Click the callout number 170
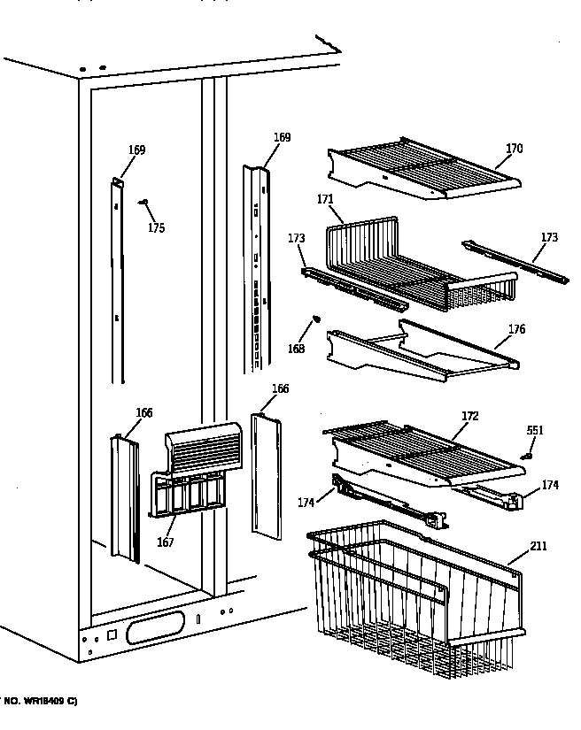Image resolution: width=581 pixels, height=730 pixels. pos(514,149)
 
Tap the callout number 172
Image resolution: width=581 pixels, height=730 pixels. pos(470,415)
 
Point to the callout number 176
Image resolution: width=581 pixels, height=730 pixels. pos(516,330)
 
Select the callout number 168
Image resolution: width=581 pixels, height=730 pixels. pos(296,349)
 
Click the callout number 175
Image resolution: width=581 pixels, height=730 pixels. pos(156,228)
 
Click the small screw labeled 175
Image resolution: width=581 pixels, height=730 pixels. pos(142,203)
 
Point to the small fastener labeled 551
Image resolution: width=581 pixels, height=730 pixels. pos(528,457)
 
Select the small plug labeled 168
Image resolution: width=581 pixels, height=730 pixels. pos(316,320)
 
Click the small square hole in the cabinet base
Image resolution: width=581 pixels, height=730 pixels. pos(112,635)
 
